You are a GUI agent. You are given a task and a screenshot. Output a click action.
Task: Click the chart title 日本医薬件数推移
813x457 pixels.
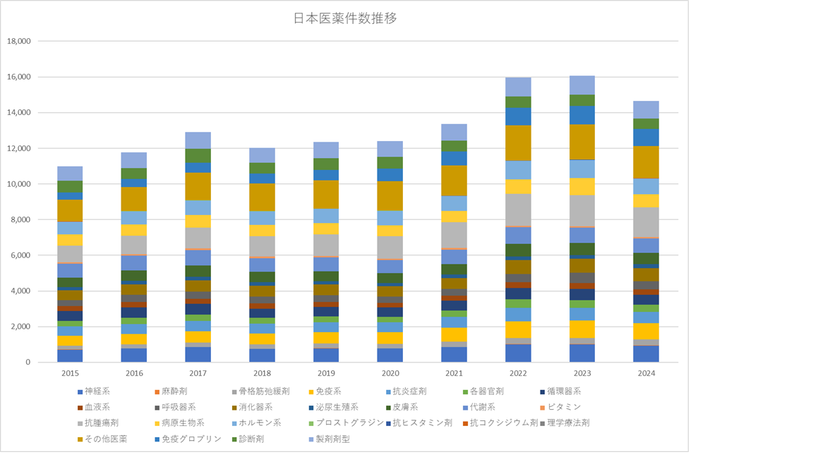pos(344,18)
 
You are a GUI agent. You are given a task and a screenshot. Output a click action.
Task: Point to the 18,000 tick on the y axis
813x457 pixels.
pos(18,41)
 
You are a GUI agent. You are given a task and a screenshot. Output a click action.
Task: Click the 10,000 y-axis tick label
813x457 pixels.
pos(18,184)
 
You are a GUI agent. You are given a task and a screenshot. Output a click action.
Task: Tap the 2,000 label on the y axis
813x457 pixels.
pos(20,327)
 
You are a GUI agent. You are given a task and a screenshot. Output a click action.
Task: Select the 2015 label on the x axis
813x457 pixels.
pos(70,372)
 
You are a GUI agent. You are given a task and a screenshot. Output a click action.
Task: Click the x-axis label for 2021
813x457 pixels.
pos(454,372)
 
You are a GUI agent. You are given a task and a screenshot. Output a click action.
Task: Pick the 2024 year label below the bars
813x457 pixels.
pos(646,372)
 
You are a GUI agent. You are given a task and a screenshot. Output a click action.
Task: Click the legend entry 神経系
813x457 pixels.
pos(97,391)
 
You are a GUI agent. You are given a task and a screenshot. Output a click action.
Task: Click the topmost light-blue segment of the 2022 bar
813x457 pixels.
pos(518,87)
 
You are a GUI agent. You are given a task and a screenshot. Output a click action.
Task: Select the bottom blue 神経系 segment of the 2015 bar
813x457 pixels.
pos(70,355)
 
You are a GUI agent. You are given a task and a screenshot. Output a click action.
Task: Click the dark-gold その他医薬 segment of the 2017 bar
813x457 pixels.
pos(198,186)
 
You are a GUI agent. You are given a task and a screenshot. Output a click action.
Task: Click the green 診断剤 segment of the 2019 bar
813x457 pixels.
pos(326,164)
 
